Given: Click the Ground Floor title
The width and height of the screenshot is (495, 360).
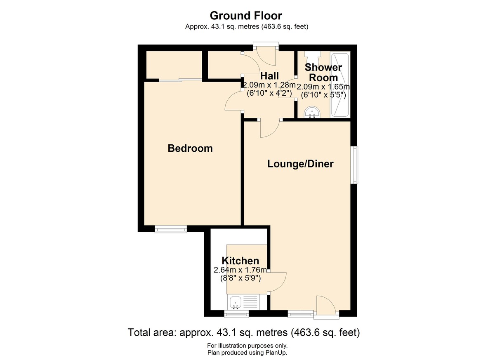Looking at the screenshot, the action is pyautogui.click(x=246, y=16).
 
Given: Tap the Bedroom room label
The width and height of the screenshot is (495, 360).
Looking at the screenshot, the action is pyautogui.click(x=190, y=148).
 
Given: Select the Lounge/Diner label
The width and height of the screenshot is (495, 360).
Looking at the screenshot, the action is pyautogui.click(x=300, y=164).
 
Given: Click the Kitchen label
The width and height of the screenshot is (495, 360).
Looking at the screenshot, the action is pyautogui.click(x=240, y=261).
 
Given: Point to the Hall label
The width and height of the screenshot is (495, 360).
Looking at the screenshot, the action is pyautogui.click(x=269, y=76).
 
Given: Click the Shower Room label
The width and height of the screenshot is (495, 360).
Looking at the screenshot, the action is pyautogui.click(x=323, y=73).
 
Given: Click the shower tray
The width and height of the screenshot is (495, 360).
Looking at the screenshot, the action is pyautogui.click(x=340, y=85).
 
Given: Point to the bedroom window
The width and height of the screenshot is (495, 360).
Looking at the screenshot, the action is pyautogui.click(x=171, y=229).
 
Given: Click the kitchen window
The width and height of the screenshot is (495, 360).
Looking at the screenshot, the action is pyautogui.click(x=236, y=314).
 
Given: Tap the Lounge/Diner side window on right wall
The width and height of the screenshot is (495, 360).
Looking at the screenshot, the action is pyautogui.click(x=355, y=165).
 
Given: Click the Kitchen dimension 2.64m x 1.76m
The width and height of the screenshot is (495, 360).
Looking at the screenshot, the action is pyautogui.click(x=240, y=270).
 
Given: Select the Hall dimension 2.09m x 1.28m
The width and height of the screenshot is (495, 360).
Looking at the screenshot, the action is pyautogui.click(x=269, y=85).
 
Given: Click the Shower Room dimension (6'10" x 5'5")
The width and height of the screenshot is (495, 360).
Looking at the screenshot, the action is pyautogui.click(x=323, y=95).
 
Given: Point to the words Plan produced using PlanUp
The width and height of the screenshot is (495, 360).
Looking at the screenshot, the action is pyautogui.click(x=247, y=353).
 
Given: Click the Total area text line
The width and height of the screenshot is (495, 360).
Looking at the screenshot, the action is pyautogui.click(x=244, y=332).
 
